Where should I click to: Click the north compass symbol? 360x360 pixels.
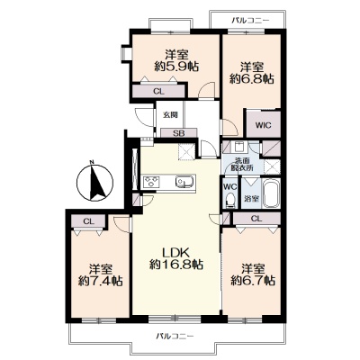coord(94,182)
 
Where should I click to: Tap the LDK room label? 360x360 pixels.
coord(175,252)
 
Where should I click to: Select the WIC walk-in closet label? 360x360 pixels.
coord(263,125)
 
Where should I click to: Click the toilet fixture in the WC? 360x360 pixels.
coord(230,200)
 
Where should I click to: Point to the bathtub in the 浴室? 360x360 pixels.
coord(271,193)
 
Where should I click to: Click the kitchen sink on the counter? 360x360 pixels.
coord(184,182)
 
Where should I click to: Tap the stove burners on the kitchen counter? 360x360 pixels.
coord(151,182)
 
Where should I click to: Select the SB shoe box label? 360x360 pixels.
coord(179,133)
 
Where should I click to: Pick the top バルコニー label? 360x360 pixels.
coord(251,21)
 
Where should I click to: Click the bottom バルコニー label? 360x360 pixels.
coord(175,336)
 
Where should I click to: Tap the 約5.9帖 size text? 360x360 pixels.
coord(176,67)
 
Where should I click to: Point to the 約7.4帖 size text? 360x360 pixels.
coord(100,281)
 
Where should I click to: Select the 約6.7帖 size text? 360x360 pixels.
coord(253,280)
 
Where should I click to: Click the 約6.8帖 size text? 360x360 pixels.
coord(252,78)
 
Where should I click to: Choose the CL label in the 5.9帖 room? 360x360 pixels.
coord(158,92)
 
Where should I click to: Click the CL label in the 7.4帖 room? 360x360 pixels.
coord(89,221)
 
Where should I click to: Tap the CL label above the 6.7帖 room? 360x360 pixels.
coord(256,219)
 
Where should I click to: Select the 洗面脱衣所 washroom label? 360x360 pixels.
coord(243,164)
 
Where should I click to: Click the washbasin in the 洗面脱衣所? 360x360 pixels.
coord(239,147)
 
